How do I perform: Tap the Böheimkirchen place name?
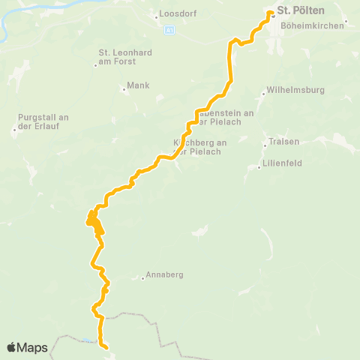click(x=313, y=25)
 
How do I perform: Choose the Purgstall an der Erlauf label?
click(x=43, y=121)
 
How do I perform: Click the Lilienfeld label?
click(x=282, y=163)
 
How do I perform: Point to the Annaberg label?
click(x=165, y=275)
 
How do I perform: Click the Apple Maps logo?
click(x=27, y=347)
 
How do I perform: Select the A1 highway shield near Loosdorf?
click(x=169, y=30)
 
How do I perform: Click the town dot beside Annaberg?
click(x=142, y=278)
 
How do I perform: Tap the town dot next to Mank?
click(x=124, y=90)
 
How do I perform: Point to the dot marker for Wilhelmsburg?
click(x=263, y=94)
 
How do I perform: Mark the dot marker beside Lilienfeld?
click(x=259, y=167)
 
